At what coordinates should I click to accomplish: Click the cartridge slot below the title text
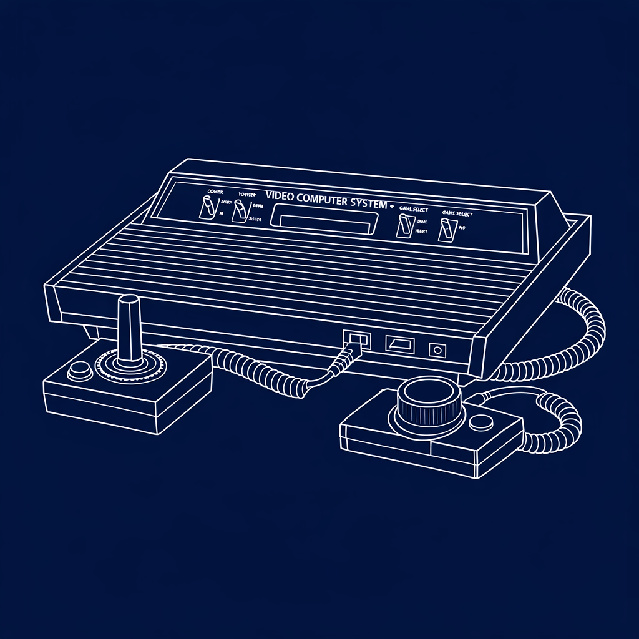point(324,219)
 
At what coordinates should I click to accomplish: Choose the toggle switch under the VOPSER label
point(239,211)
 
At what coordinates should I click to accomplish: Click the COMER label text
point(215,192)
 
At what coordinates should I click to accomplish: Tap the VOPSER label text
point(246,195)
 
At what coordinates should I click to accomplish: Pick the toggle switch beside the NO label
point(446,229)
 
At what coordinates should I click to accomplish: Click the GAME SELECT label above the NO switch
point(457,213)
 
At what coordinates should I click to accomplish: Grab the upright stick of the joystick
point(130,328)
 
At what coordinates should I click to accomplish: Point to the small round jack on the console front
point(437,351)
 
